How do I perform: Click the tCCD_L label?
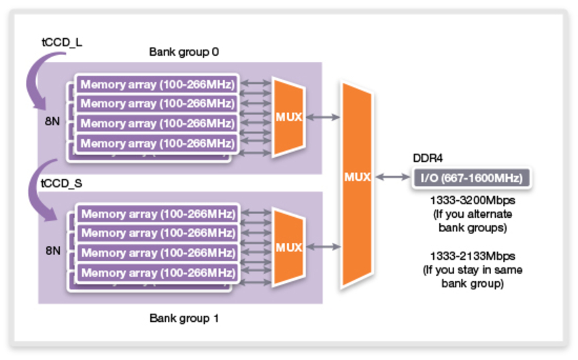tap(63, 42)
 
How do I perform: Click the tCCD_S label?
tap(63, 184)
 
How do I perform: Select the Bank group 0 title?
tap(184, 52)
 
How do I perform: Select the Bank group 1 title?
tap(184, 318)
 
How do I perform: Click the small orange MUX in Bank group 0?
tap(288, 116)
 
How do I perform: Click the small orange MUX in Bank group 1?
tap(288, 247)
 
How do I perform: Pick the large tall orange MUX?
tap(357, 177)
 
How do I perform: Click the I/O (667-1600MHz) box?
tap(472, 178)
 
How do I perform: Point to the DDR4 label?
tap(428, 158)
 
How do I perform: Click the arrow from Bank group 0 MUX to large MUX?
tap(323, 117)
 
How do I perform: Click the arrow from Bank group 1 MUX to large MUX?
tap(323, 247)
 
